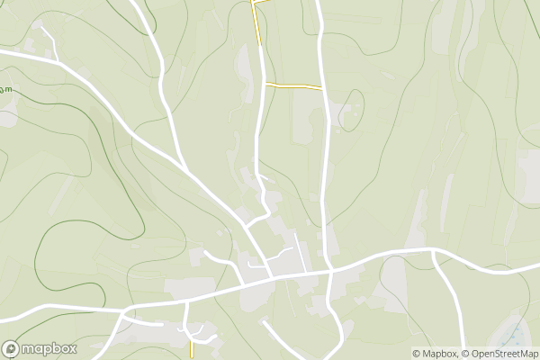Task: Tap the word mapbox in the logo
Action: point(49,349)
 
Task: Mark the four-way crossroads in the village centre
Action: point(331,269)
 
